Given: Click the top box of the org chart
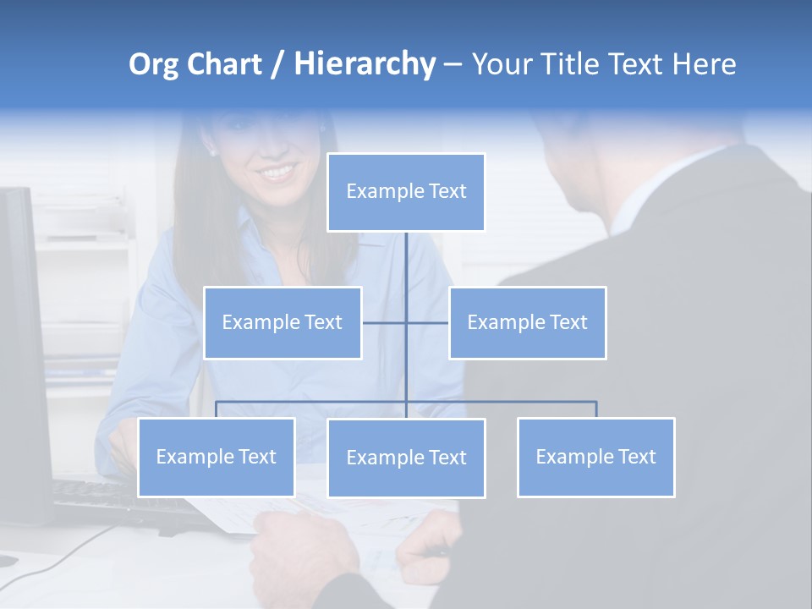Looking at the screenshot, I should pos(406,192).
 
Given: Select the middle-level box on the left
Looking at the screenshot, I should pos(283,322).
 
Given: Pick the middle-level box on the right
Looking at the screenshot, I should pos(527,322).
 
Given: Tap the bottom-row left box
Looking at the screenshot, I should pos(216,457).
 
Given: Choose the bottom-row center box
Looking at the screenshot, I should pos(406,458).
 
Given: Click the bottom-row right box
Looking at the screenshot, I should pos(595,457).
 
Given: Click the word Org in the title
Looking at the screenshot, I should pos(153,64).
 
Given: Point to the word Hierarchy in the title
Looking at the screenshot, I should pos(365,64).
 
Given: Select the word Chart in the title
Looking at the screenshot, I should pos(224,64).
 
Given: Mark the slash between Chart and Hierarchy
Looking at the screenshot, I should pos(277,65).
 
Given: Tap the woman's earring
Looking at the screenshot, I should pos(212,152).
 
